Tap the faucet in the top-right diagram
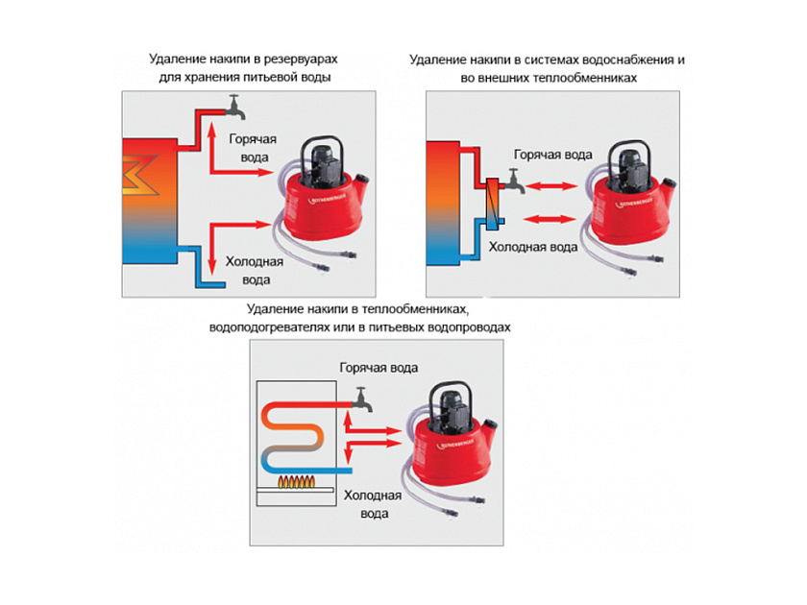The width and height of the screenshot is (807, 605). point(515,179)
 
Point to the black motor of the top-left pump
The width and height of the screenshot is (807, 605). point(324,157)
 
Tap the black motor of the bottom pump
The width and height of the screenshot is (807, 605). point(452,404)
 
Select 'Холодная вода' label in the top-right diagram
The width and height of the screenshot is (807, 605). point(533,247)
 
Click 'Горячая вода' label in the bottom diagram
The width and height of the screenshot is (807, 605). point(379,368)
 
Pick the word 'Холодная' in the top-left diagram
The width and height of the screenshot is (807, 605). point(253,261)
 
